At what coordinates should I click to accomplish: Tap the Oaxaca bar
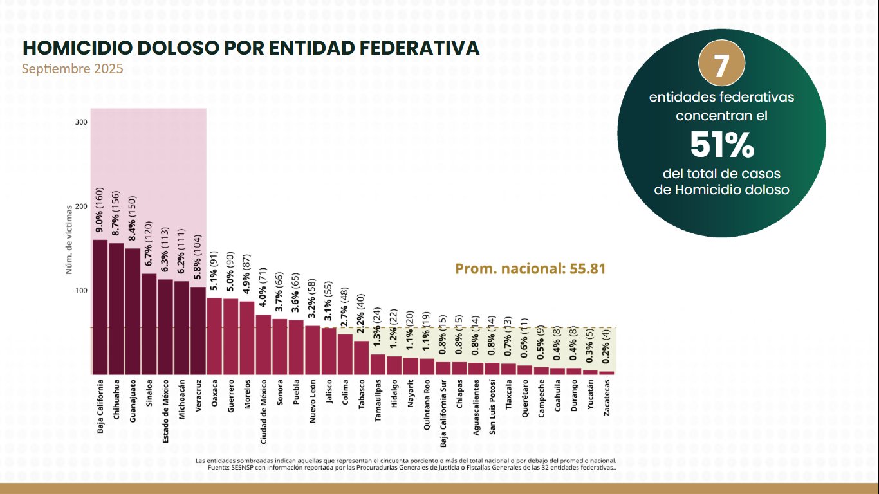point(214,336)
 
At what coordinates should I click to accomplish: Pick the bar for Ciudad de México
point(263,344)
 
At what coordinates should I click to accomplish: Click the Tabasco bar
point(362,357)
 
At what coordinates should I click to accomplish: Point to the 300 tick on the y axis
point(81,122)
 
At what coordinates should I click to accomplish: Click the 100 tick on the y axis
point(81,291)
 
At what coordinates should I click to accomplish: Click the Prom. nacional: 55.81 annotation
point(530,269)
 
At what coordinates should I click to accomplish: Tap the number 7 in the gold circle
point(721,66)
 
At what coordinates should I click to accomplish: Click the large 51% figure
point(721,146)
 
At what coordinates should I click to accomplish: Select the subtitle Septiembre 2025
point(73,69)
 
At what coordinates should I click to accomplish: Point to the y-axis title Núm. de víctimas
point(68,240)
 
